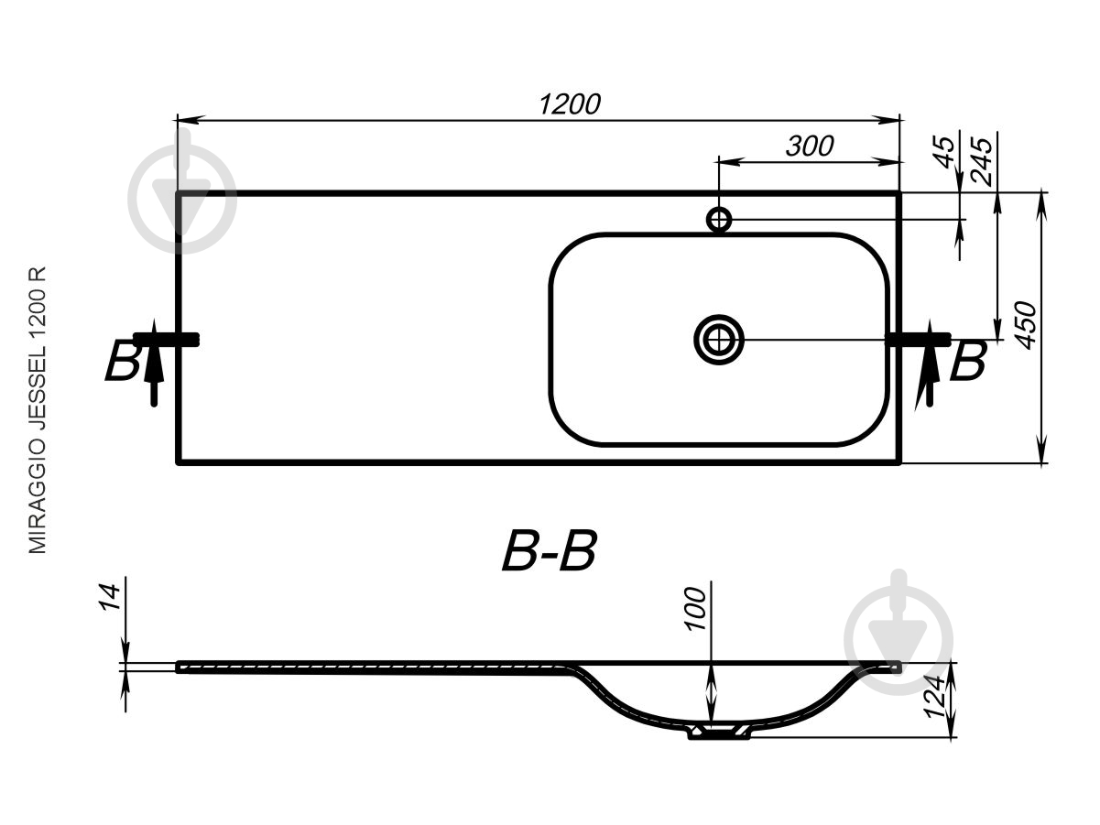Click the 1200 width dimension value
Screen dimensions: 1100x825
tap(570, 104)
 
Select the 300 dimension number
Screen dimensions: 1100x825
tap(809, 147)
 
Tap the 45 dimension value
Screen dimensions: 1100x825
tap(944, 151)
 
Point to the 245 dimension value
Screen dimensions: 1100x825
tap(980, 161)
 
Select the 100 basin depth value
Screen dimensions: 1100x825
tap(694, 608)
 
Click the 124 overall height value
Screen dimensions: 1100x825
tap(935, 696)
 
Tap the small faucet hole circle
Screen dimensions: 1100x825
tap(719, 220)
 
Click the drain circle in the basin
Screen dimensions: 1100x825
tap(719, 340)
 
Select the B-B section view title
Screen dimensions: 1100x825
tap(550, 551)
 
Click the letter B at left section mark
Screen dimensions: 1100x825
tap(121, 361)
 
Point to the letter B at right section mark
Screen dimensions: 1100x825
tap(968, 361)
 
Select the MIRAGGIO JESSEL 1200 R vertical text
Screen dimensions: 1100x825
tap(38, 409)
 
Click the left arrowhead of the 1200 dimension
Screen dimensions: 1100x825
tap(191, 120)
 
